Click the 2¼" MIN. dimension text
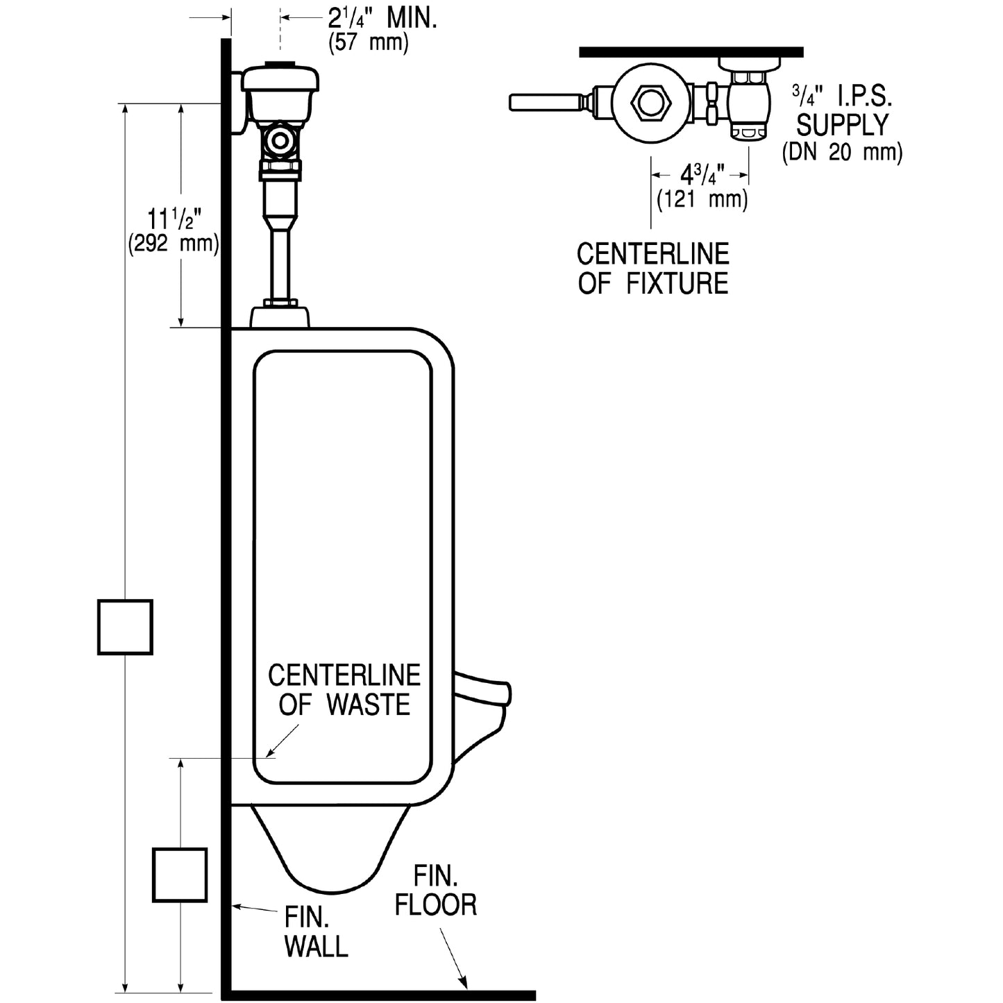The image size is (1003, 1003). pos(382,19)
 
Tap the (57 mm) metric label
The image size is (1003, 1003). pos(368,43)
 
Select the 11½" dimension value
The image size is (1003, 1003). pos(174,220)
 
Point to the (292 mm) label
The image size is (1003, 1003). pos(174,244)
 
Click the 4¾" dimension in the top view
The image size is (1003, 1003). pos(702,174)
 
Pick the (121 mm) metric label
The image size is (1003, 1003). pos(702,199)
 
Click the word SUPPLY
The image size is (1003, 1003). pos(842,125)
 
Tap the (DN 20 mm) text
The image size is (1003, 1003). pos(842,151)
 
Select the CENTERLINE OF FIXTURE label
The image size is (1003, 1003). pos(653,269)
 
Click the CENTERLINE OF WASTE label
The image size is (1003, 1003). pos(344,690)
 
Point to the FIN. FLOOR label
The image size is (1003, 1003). pos(436,891)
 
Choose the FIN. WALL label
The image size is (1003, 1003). pos(316,932)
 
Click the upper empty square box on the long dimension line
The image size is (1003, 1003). pos(125,627)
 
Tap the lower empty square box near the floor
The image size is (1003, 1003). pos(180,875)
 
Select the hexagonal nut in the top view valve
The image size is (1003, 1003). pos(651,102)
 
